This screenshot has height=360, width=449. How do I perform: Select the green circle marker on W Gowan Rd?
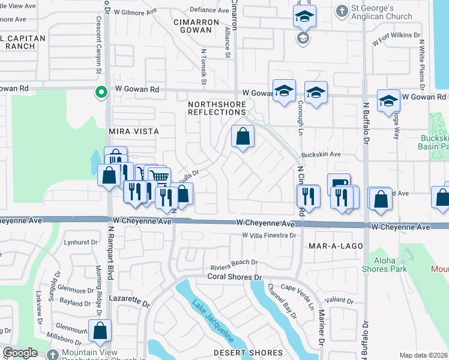(101, 92)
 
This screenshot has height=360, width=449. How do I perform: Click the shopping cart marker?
(159, 176)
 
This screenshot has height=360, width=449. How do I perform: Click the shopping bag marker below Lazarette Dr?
(100, 329)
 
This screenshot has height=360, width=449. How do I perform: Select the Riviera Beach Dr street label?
(234, 262)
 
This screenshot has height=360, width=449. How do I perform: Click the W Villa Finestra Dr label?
(270, 235)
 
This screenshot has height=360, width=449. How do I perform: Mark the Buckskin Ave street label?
(321, 154)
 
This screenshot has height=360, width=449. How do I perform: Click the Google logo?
(20, 353)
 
